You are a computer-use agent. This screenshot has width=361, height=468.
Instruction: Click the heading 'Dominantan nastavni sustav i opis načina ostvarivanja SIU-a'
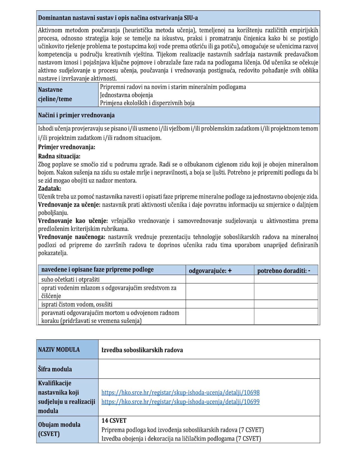(x=118, y=18)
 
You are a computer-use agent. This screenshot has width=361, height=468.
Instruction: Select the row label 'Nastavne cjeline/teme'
(x=55, y=94)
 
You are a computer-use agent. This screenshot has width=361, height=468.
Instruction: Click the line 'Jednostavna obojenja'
(x=126, y=95)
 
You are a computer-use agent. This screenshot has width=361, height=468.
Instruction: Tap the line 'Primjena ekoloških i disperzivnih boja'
(x=147, y=103)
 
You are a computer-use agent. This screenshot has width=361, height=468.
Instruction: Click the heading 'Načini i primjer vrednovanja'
(x=76, y=115)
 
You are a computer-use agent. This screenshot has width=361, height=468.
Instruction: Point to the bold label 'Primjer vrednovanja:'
(x=67, y=147)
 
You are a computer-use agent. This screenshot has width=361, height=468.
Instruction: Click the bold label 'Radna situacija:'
(x=59, y=156)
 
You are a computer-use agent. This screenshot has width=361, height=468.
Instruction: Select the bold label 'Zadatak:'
(x=49, y=188)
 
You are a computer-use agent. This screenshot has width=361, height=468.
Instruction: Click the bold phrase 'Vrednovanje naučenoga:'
(x=72, y=237)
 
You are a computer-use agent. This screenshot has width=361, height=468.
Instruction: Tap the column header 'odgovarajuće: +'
(x=210, y=271)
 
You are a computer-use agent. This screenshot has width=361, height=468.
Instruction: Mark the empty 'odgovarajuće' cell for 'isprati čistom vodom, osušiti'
(x=220, y=304)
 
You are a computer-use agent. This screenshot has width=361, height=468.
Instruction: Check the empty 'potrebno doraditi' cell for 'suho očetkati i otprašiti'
(x=286, y=279)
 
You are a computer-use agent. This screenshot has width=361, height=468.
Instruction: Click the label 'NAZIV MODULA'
(x=59, y=350)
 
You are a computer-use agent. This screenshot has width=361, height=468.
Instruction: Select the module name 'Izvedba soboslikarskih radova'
(x=142, y=350)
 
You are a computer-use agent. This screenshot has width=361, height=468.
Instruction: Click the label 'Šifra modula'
(x=55, y=369)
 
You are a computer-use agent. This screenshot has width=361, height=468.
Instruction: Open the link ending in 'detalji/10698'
(x=180, y=392)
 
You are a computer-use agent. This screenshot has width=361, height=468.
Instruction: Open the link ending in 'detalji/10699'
(x=180, y=402)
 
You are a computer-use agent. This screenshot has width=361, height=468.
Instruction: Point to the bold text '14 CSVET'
(x=114, y=421)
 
